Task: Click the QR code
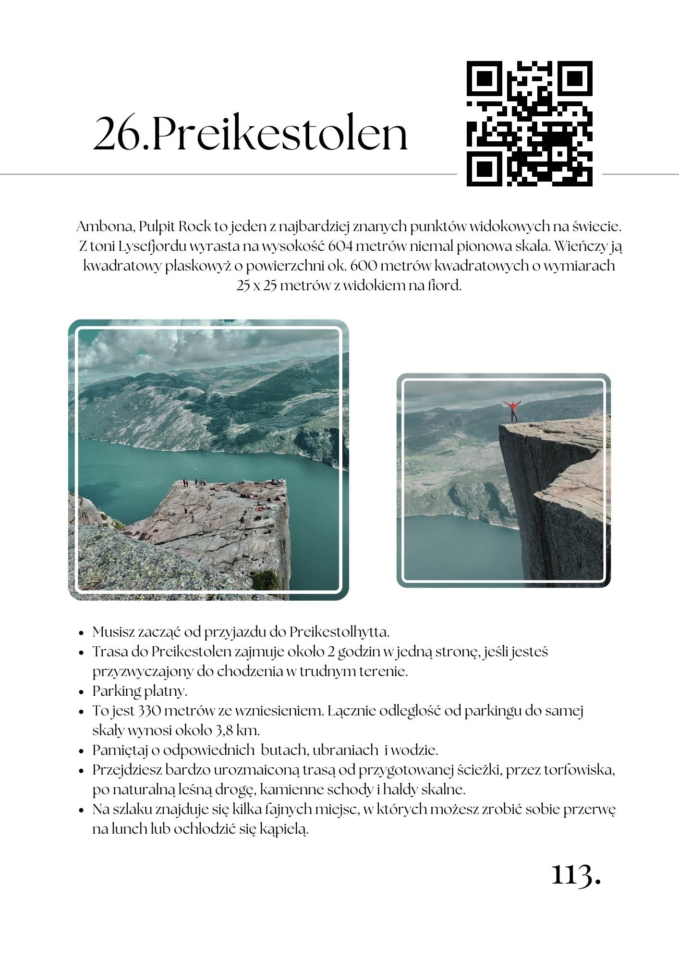529,123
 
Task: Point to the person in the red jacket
513,411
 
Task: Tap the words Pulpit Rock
173,227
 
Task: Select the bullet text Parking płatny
140,691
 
